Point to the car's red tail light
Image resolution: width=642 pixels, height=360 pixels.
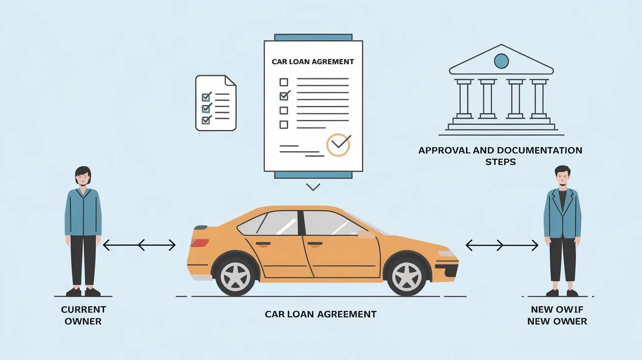(200, 243)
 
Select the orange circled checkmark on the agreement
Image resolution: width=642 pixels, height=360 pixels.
(338, 144)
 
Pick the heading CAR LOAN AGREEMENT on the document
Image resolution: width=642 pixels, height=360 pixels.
(313, 62)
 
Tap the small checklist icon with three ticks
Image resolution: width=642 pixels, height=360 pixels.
(215, 103)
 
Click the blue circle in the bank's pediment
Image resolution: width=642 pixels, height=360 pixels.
(501, 61)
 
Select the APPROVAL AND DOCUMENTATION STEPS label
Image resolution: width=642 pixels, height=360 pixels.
(500, 156)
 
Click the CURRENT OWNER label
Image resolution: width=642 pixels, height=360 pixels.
(83, 315)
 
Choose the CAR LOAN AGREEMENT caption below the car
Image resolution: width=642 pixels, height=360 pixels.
(321, 314)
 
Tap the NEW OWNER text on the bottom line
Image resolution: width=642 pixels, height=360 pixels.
(557, 321)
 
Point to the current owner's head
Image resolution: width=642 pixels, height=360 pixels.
(83, 176)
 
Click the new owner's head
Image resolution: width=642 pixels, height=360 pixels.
(562, 176)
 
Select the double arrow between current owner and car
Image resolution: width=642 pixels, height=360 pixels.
(139, 245)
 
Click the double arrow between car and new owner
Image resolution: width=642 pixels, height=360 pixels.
(502, 245)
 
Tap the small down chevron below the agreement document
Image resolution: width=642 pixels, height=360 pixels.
(312, 186)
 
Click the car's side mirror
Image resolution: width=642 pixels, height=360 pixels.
(366, 234)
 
